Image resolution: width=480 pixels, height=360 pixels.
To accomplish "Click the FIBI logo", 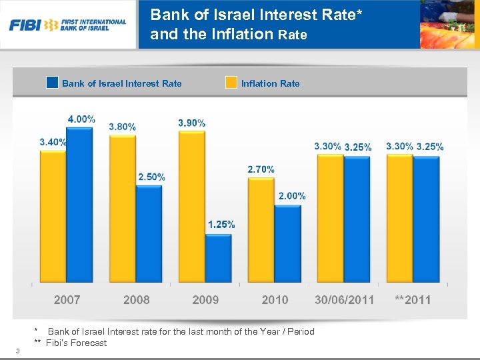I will click(x=67, y=25).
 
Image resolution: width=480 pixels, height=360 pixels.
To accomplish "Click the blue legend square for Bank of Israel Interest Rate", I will click(x=52, y=83).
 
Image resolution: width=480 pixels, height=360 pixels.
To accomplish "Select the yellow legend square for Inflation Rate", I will click(x=231, y=83).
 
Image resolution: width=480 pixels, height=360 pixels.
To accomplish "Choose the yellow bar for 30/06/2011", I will click(x=329, y=217).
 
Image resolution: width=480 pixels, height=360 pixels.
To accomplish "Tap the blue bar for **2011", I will click(x=426, y=218).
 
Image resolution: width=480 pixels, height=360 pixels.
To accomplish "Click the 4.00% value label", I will click(x=81, y=119).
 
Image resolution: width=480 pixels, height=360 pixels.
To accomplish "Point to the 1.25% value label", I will click(x=221, y=225).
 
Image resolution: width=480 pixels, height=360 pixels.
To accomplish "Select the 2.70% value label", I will click(x=261, y=170).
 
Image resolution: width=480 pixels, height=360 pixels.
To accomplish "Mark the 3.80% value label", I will click(x=122, y=127).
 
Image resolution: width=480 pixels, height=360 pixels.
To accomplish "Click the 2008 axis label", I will click(x=136, y=300).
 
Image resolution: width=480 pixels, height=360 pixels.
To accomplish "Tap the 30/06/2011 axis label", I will click(x=344, y=300).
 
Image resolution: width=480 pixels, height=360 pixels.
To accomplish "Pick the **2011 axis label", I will click(x=413, y=300).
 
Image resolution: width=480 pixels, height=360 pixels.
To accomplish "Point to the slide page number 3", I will click(x=17, y=352).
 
